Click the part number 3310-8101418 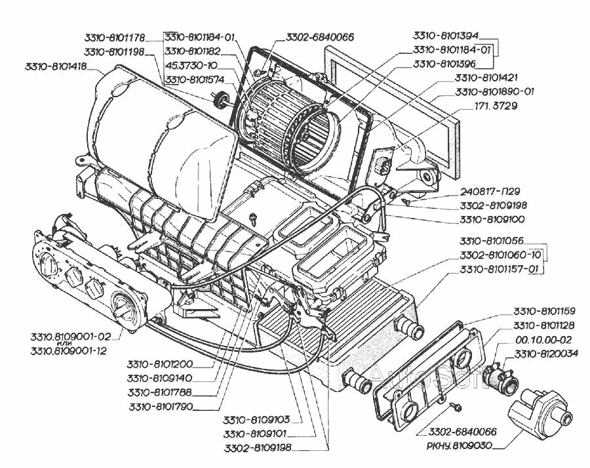pyautogui.click(x=55, y=66)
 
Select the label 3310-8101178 pyautogui.click(x=115, y=37)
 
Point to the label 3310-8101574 pyautogui.click(x=195, y=79)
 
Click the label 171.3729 pyautogui.click(x=498, y=106)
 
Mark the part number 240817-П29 pyautogui.click(x=490, y=191)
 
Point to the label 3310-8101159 pyautogui.click(x=544, y=310)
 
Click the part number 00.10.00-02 pyautogui.click(x=543, y=339)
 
